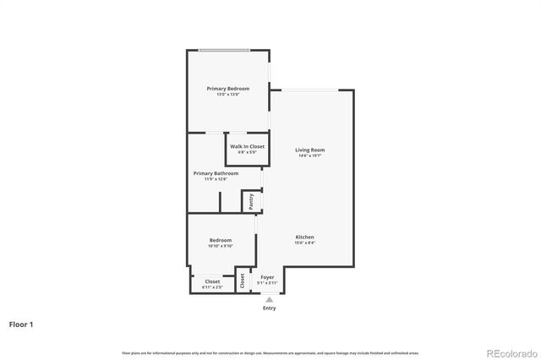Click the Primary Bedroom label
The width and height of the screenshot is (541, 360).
(x=228, y=89)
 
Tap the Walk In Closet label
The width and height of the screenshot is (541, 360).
(x=247, y=146)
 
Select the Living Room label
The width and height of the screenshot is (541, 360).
(x=309, y=150)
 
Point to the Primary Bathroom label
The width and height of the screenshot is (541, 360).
(x=221, y=173)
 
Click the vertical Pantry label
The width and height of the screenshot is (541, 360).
(x=251, y=201)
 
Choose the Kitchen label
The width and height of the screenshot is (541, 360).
(x=305, y=237)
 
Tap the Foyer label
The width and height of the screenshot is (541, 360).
(x=267, y=277)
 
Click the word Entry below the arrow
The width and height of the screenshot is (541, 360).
(x=269, y=308)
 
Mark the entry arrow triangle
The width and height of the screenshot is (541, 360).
(x=269, y=299)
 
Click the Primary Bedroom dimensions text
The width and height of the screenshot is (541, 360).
(x=228, y=95)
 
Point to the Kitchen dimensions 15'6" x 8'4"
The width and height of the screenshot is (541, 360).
(x=305, y=243)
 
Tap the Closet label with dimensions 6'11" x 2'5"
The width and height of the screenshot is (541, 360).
(x=212, y=281)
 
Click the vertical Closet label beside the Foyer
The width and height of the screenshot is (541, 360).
(x=242, y=281)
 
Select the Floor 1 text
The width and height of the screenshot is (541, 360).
(x=22, y=325)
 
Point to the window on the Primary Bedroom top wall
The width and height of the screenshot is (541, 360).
(x=223, y=51)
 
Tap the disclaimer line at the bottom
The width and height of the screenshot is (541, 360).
(x=270, y=352)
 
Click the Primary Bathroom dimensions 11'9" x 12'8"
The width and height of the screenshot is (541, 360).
(x=221, y=179)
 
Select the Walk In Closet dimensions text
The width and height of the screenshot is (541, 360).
(x=247, y=152)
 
